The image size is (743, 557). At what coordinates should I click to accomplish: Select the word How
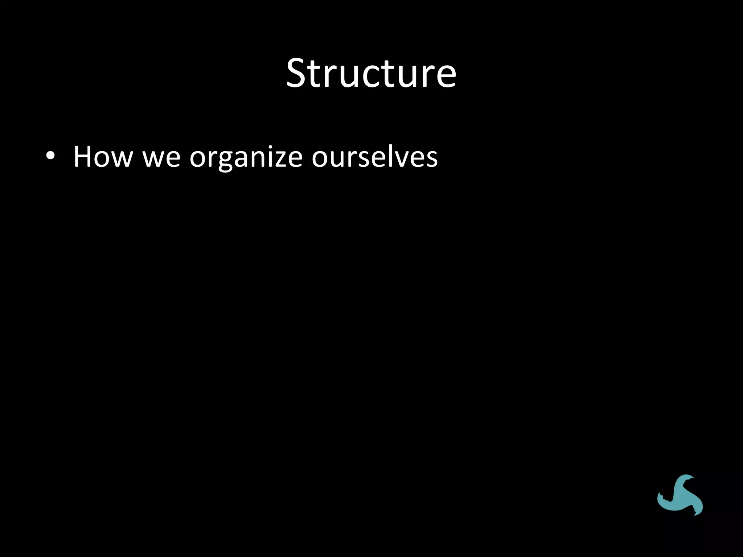tap(103, 157)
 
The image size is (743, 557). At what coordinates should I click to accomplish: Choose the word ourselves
tap(374, 157)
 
